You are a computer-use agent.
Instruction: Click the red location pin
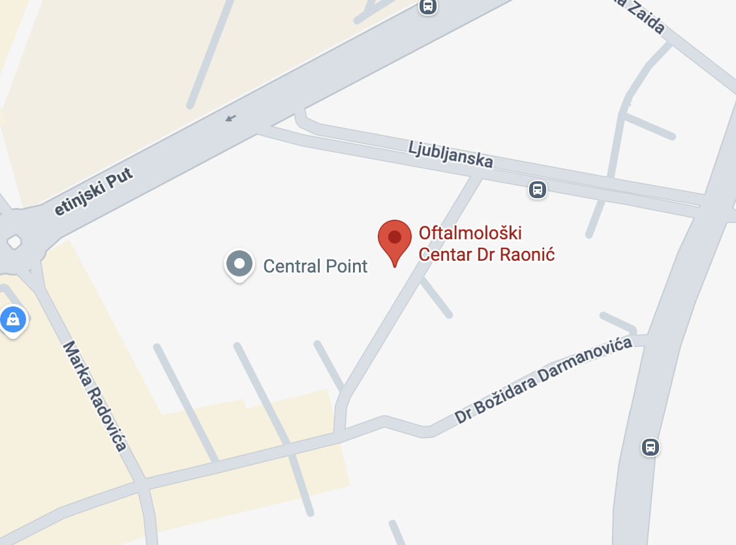[x=395, y=239]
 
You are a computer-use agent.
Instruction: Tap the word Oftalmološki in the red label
[x=470, y=233]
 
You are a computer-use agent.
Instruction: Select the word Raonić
[x=527, y=254]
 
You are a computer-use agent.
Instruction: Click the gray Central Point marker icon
[x=239, y=264]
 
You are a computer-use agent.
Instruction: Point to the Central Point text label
[x=315, y=266]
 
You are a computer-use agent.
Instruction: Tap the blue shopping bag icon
[x=13, y=320]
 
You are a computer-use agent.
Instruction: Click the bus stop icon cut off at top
[x=427, y=7]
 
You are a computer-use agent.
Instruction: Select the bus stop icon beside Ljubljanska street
[x=537, y=190]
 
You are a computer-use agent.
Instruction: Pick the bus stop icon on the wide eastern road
[x=650, y=447]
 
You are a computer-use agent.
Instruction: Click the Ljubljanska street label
[x=450, y=154]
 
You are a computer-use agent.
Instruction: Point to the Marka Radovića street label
[x=95, y=396]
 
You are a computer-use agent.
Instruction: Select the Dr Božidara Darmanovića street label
[x=544, y=380]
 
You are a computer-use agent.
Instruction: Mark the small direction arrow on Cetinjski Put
[x=230, y=118]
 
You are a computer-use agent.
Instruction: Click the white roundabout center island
[x=14, y=243]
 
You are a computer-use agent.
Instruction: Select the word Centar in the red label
[x=446, y=254]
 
